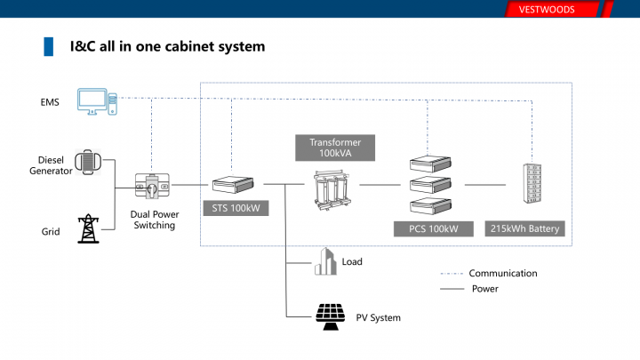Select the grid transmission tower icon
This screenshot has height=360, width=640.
point(87,229)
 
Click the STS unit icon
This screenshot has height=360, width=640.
point(234,185)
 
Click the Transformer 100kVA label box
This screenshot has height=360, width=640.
point(336,148)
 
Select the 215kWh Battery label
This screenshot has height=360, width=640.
point(525,229)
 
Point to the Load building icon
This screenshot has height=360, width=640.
point(326,262)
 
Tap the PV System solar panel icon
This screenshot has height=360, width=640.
point(331,316)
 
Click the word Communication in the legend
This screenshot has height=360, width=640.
point(503,274)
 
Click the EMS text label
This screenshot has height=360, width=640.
point(50,102)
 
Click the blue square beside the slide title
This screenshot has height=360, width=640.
point(50,45)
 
